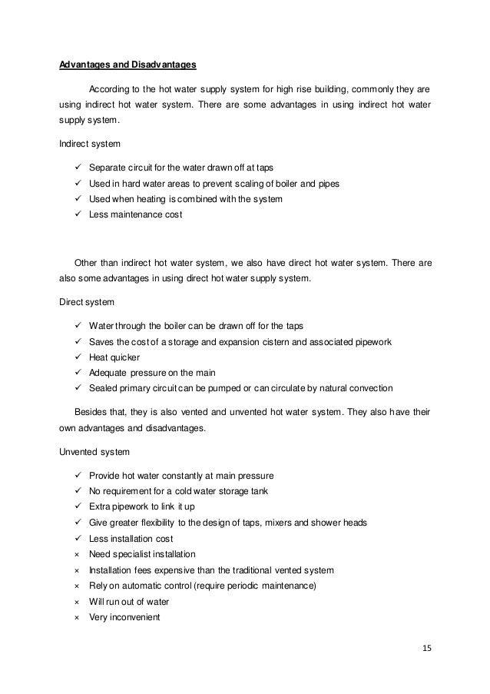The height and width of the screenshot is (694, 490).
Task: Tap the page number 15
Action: point(426,648)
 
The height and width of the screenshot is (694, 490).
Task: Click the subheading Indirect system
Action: point(86,143)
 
